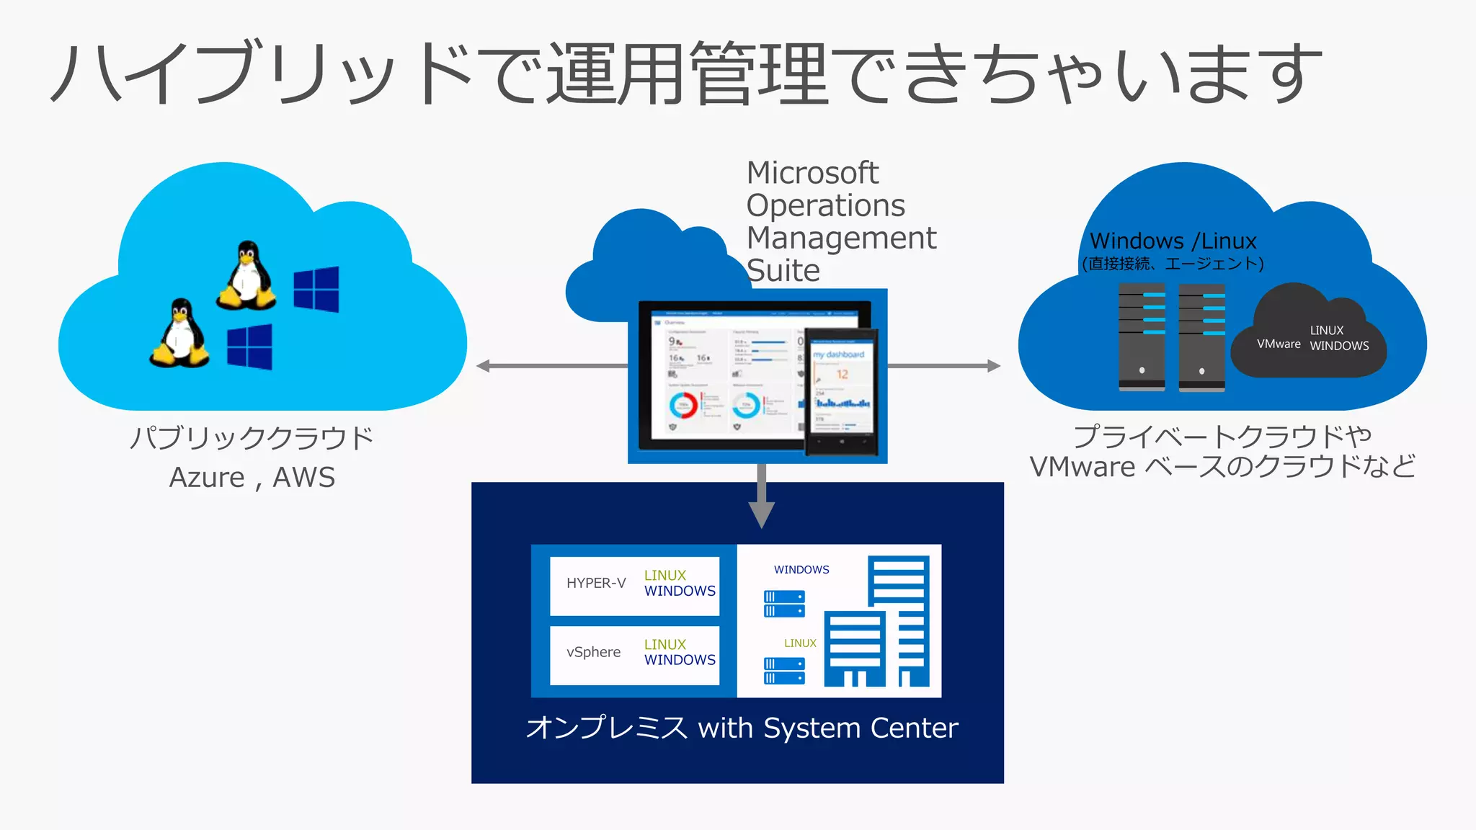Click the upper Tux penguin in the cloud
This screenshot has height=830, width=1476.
pyautogui.click(x=246, y=277)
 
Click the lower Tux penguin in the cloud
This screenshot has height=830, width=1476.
pyautogui.click(x=179, y=334)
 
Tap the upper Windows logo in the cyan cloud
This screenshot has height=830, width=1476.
pyautogui.click(x=316, y=289)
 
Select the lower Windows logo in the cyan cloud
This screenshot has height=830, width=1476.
pyautogui.click(x=249, y=347)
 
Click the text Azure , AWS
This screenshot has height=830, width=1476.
pyautogui.click(x=252, y=478)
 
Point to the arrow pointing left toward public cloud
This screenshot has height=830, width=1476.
pyautogui.click(x=551, y=366)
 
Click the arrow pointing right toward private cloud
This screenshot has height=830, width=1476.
pyautogui.click(x=944, y=366)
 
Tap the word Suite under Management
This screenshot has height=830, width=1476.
pyautogui.click(x=783, y=271)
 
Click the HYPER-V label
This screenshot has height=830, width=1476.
pyautogui.click(x=596, y=583)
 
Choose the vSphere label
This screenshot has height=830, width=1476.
pyautogui.click(x=593, y=652)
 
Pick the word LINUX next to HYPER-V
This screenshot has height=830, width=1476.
pyautogui.click(x=664, y=575)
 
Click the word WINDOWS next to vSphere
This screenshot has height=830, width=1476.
pyautogui.click(x=680, y=660)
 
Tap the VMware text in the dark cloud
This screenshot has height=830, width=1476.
pyautogui.click(x=1279, y=344)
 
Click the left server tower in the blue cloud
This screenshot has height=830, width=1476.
pyautogui.click(x=1142, y=337)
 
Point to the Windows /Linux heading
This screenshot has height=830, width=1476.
pyautogui.click(x=1173, y=241)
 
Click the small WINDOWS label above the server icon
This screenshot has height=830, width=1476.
pyautogui.click(x=801, y=570)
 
